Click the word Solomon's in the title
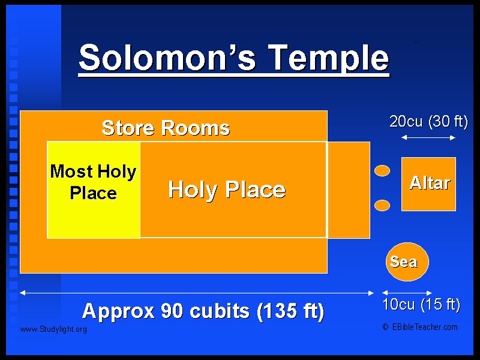point(167,57)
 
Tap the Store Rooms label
point(166,128)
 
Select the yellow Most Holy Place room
point(94,190)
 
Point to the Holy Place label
point(227,190)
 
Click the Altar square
point(428,184)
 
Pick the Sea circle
point(407,262)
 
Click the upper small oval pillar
point(382,170)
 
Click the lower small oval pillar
point(382,205)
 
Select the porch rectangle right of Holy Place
point(349,190)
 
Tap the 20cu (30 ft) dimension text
point(428,122)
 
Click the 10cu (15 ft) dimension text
point(421,305)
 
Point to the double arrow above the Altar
point(428,138)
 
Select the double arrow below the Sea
point(407,293)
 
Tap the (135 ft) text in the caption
point(290,311)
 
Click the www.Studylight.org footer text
point(53,329)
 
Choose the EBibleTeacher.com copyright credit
point(420,327)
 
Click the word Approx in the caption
point(118,311)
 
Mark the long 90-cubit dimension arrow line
point(197,293)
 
